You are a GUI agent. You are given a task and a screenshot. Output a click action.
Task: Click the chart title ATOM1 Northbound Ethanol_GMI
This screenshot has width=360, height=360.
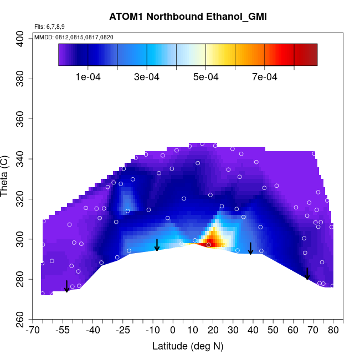coord(188,17)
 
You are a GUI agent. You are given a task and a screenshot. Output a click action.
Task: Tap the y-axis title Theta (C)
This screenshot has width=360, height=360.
coord(6,177)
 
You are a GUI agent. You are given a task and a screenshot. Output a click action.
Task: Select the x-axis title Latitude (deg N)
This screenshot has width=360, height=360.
coord(188,346)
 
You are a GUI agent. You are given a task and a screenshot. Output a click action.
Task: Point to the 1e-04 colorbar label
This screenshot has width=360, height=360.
coord(88,77)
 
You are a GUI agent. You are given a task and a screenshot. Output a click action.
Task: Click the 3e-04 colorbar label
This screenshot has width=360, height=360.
coord(147,77)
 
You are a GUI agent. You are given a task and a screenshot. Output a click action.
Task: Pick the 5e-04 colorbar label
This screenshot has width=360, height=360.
coord(205,77)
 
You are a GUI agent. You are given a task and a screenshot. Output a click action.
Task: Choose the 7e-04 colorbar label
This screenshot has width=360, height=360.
coord(264,77)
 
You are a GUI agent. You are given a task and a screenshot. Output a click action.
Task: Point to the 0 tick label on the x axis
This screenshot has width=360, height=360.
coord(173,331)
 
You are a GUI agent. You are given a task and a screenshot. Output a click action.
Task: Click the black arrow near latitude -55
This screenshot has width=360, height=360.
coord(66,286)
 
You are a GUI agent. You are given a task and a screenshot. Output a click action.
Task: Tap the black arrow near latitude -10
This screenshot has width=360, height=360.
coord(157,245)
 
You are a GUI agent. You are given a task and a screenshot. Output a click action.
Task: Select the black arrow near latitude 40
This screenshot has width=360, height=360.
coord(250,248)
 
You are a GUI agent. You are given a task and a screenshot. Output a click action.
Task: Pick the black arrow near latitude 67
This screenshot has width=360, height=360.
coord(307,274)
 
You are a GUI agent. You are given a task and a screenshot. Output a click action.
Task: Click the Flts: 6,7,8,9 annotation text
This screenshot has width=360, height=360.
coord(49,27)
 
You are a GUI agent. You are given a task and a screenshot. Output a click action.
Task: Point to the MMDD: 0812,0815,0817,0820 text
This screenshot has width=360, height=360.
coord(74,37)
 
